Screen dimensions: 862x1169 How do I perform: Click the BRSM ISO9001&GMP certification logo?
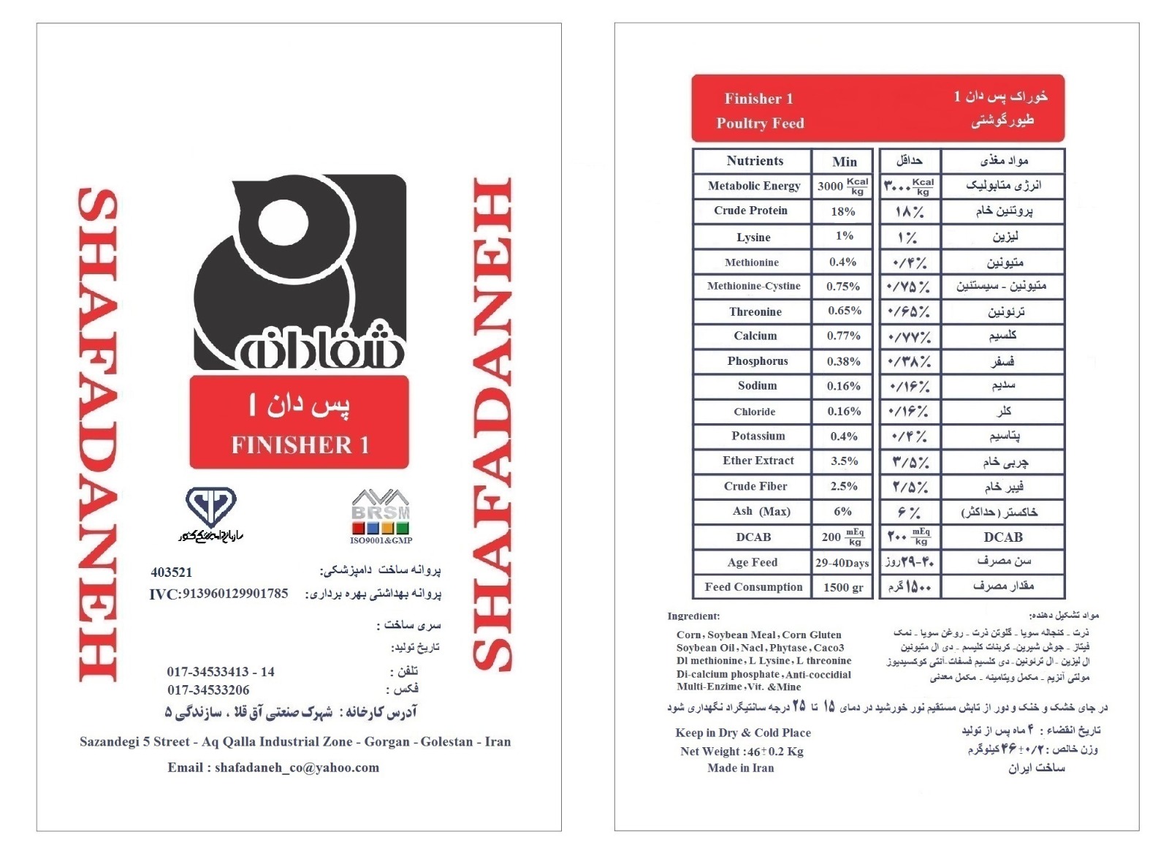(x=381, y=516)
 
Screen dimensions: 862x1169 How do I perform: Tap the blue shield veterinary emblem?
(x=210, y=506)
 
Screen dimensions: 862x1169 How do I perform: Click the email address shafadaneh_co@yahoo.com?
(x=273, y=768)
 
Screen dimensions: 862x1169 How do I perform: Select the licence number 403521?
(x=171, y=572)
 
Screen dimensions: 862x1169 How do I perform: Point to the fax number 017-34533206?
(x=208, y=690)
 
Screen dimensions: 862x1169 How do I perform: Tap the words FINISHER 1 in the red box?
(x=300, y=445)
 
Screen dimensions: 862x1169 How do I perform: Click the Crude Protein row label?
(x=750, y=211)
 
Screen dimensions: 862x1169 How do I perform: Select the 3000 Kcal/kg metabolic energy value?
(x=842, y=186)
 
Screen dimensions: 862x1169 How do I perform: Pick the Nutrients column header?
(x=754, y=161)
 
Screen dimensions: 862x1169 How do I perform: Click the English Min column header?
(x=844, y=162)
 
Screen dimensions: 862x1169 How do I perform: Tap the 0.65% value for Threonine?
(x=844, y=311)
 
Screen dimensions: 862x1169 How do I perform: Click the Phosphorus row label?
(x=757, y=361)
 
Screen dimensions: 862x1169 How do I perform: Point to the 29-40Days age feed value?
(x=842, y=563)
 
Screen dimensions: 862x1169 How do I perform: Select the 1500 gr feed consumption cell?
(x=843, y=588)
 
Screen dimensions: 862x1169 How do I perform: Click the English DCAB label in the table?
(x=753, y=537)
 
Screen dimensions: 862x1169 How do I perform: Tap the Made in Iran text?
(x=740, y=768)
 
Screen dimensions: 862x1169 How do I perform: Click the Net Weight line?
(x=741, y=752)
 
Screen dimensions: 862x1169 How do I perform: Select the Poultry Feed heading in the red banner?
(x=760, y=124)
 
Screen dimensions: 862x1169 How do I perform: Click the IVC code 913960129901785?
(x=218, y=594)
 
